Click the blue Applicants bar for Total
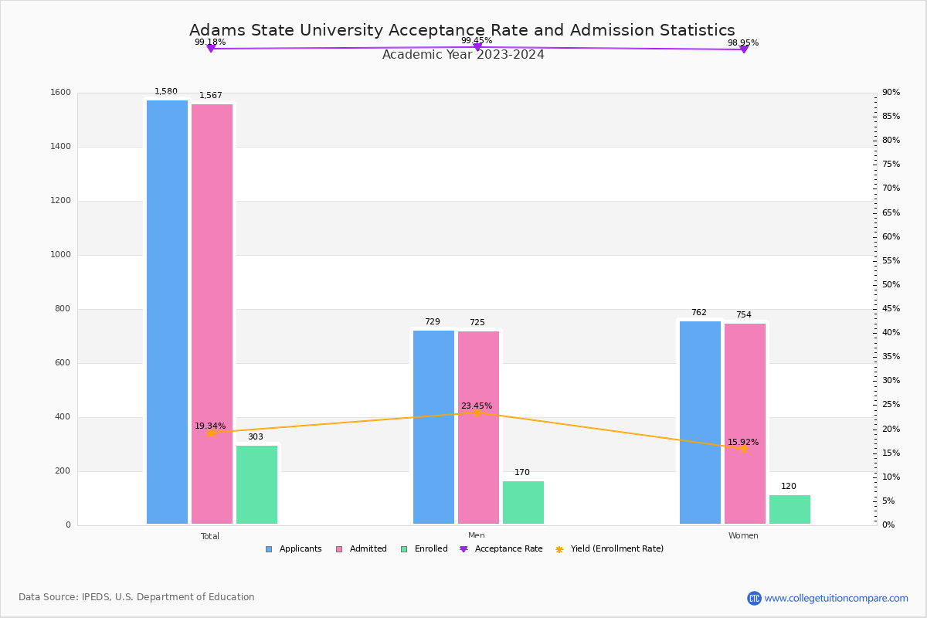(x=167, y=312)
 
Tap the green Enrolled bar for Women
(x=789, y=509)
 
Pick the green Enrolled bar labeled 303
(x=256, y=484)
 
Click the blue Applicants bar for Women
(x=700, y=423)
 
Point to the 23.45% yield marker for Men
(x=477, y=413)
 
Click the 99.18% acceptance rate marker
(x=210, y=49)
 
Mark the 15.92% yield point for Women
(x=743, y=449)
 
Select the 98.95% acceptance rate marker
(x=743, y=49)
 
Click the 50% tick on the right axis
(x=891, y=285)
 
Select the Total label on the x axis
(x=210, y=536)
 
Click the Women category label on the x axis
(x=743, y=536)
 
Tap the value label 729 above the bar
(x=432, y=322)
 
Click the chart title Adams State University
(x=462, y=30)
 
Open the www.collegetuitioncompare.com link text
(x=836, y=598)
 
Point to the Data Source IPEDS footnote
(x=137, y=597)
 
